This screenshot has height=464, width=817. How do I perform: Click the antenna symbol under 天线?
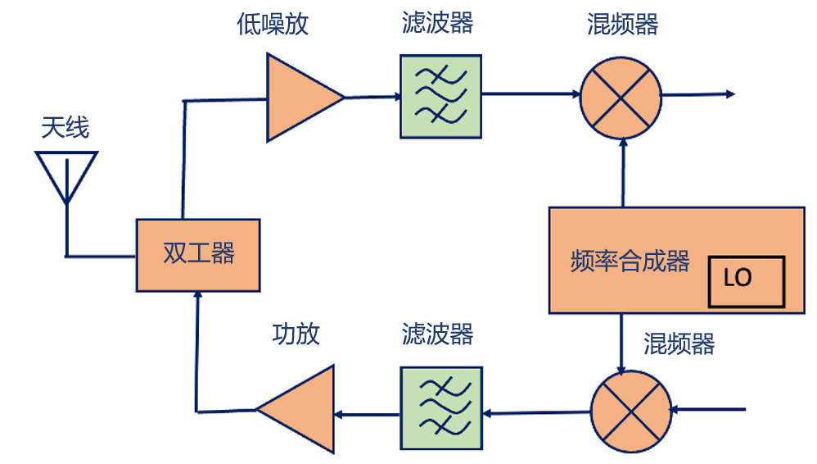pos(66,175)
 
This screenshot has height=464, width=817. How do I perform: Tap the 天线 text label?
pos(65,128)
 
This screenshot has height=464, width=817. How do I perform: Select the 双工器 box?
pos(198,255)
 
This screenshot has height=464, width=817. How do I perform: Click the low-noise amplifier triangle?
pos(299,97)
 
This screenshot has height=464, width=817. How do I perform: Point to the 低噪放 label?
pos(273,24)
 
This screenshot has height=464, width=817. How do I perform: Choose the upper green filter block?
pos(440,96)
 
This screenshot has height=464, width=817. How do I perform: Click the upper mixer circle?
pos(621,96)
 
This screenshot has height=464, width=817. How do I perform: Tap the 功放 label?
pos(296,334)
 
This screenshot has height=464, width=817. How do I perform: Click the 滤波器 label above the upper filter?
pos(438,23)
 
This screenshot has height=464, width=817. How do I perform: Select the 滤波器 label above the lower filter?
pos(438,334)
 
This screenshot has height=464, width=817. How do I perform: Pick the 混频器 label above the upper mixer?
pos(623,24)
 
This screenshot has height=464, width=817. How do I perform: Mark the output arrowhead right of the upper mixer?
pos(730,95)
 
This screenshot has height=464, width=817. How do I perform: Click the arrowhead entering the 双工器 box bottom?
pos(196,297)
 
